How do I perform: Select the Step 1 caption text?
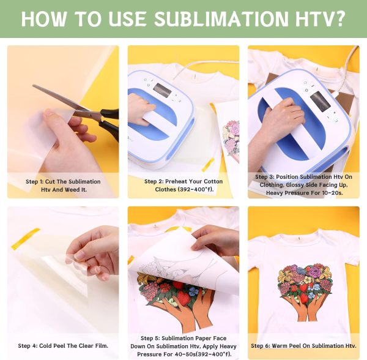click(63, 186)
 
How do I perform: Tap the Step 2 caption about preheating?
click(183, 186)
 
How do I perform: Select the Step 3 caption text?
click(303, 185)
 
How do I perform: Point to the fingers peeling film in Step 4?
click(92, 251)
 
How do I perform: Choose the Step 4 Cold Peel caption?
click(63, 346)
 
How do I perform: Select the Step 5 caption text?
click(183, 346)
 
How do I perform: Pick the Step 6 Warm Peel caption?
click(303, 346)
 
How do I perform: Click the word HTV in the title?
click(313, 18)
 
